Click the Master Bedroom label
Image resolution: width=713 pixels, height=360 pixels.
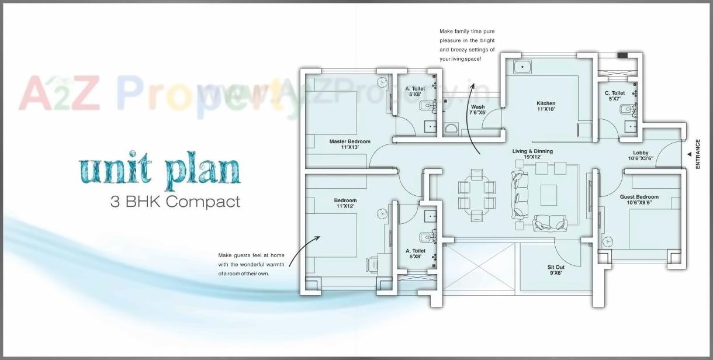click(x=349, y=141)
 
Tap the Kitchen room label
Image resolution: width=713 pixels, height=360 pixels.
click(x=546, y=103)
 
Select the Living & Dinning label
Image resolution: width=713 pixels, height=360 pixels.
click(x=532, y=151)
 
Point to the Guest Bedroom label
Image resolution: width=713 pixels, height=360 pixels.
click(x=639, y=197)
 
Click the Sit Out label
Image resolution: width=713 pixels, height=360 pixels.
click(x=556, y=266)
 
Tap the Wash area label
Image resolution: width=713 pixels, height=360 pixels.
click(x=477, y=107)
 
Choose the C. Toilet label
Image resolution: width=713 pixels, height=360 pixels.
click(x=615, y=93)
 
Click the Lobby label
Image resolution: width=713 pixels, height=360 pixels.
click(x=641, y=153)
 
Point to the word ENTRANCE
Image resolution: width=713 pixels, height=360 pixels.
click(x=697, y=154)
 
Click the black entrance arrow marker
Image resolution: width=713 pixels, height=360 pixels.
click(x=689, y=154)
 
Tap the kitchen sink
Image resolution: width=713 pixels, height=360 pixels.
click(x=522, y=67)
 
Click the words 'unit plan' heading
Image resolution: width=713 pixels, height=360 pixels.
click(x=160, y=170)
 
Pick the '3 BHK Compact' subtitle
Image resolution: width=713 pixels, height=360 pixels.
click(x=175, y=202)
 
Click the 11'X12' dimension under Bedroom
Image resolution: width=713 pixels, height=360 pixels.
click(x=346, y=206)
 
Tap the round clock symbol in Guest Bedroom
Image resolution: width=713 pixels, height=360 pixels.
click(x=608, y=241)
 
